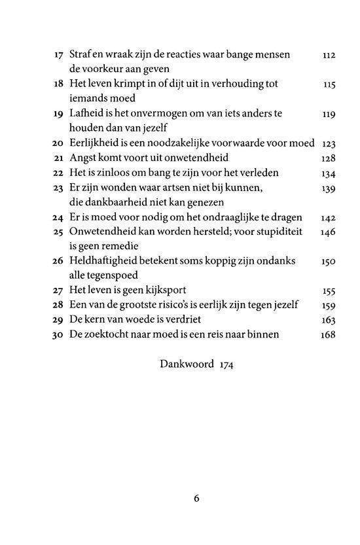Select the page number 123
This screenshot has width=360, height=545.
point(329,143)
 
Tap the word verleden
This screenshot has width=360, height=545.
point(259,173)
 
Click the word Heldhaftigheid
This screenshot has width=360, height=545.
point(107,261)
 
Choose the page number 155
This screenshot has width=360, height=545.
point(329,290)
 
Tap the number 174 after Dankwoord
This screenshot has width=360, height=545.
point(225,364)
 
